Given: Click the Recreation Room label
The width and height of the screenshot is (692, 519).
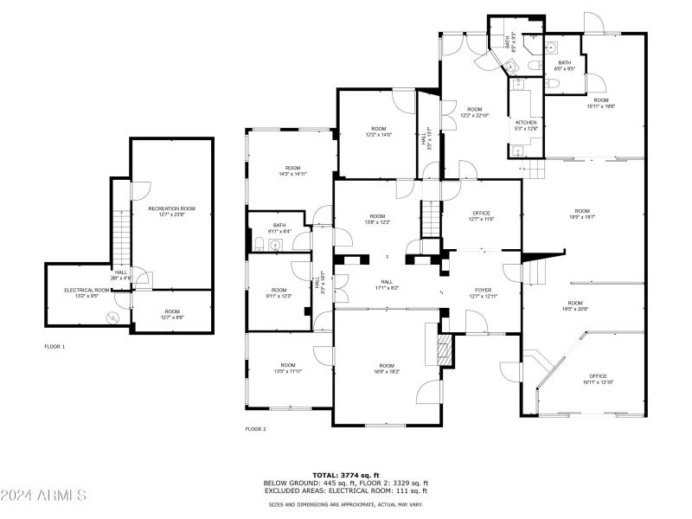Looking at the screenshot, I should click(171, 212).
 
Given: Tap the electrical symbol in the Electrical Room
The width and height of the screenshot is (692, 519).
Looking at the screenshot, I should click(111, 318).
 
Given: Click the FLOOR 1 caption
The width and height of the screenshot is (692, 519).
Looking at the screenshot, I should click(54, 347).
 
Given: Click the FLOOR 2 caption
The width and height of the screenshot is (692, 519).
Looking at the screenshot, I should click(255, 429).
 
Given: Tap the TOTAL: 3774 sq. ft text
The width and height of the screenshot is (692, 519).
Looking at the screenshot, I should click(346, 476).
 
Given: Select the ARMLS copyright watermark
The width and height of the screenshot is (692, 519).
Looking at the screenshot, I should click(43, 496).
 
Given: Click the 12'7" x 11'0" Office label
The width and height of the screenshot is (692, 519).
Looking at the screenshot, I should click(482, 216).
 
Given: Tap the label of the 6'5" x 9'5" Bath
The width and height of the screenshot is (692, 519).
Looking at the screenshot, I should click(564, 66).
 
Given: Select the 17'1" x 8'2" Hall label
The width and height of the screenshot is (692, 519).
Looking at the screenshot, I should click(387, 284).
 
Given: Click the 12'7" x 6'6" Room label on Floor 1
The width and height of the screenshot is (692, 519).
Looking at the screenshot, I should click(172, 314).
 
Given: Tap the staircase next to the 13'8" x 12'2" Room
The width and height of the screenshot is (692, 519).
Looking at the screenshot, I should click(430, 216).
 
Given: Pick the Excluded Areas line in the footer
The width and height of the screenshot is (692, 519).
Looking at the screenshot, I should click(346, 490).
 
